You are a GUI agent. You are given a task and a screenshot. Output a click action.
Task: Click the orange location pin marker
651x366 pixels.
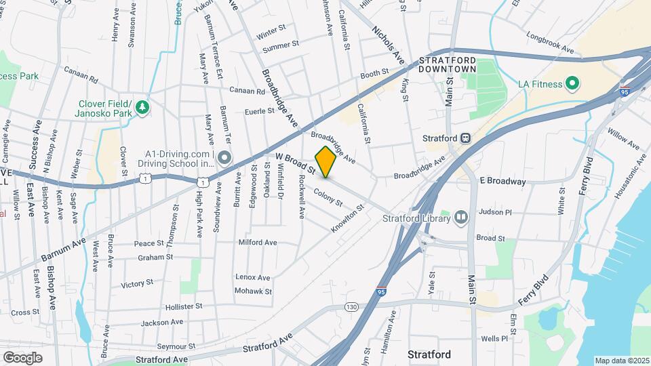[325, 162]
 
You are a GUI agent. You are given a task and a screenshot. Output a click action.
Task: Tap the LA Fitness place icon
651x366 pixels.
[571, 83]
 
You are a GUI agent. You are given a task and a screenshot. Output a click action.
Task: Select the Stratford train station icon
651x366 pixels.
[465, 137]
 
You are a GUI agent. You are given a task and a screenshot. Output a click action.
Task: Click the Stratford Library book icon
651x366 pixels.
[461, 218]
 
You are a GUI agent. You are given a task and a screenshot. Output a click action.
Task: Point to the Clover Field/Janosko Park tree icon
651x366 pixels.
[142, 106]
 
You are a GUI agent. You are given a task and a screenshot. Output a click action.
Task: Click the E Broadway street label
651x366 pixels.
[502, 182]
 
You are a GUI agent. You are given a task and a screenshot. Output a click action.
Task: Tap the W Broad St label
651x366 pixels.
[296, 163]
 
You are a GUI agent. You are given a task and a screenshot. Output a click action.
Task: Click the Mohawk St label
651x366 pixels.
[253, 291]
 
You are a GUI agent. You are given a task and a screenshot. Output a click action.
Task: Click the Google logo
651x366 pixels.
[22, 357]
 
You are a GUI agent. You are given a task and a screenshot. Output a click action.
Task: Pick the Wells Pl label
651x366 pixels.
[494, 338]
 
